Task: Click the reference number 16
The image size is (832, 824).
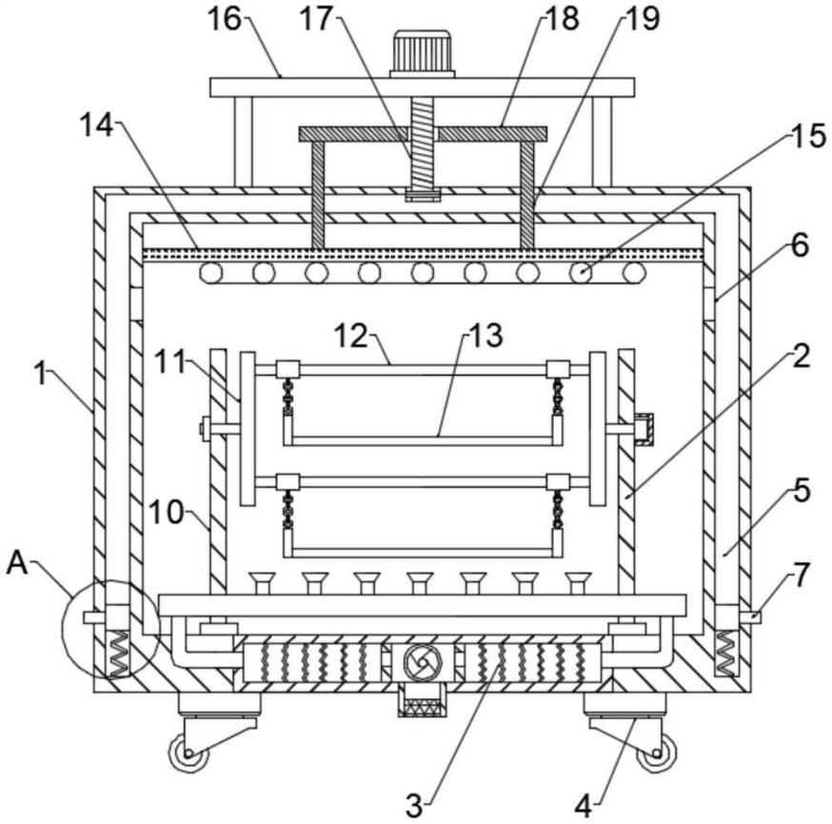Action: pos(224,19)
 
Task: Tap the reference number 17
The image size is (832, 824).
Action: pos(316,19)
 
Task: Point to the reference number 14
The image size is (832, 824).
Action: pos(96,127)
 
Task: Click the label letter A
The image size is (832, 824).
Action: pos(17,562)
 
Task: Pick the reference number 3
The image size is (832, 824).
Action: pos(414,805)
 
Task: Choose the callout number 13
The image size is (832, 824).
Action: pos(485,335)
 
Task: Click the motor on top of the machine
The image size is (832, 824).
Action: pos(423,54)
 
